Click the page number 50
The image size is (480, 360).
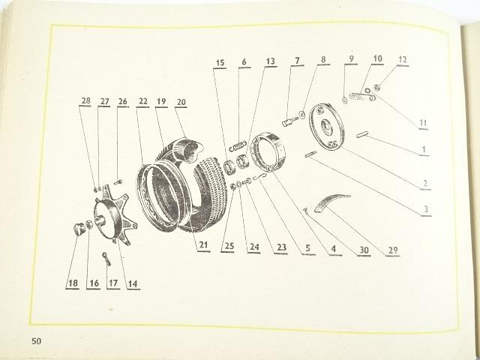36,340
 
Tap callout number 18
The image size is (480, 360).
73,283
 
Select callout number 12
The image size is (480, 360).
402,60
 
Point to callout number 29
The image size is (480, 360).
393,250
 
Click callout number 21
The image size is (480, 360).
203,245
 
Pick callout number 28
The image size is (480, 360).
86,100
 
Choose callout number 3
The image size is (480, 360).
426,210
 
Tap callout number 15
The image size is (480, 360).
220,63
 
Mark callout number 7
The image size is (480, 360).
297,60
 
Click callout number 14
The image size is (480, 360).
133,283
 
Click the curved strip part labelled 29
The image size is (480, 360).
331,202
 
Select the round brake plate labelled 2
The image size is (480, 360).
327,127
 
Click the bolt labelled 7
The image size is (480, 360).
289,121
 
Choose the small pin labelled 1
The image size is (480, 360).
362,134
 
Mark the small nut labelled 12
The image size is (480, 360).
376,88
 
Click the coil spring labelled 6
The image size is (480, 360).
238,145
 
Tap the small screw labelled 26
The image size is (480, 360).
118,182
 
